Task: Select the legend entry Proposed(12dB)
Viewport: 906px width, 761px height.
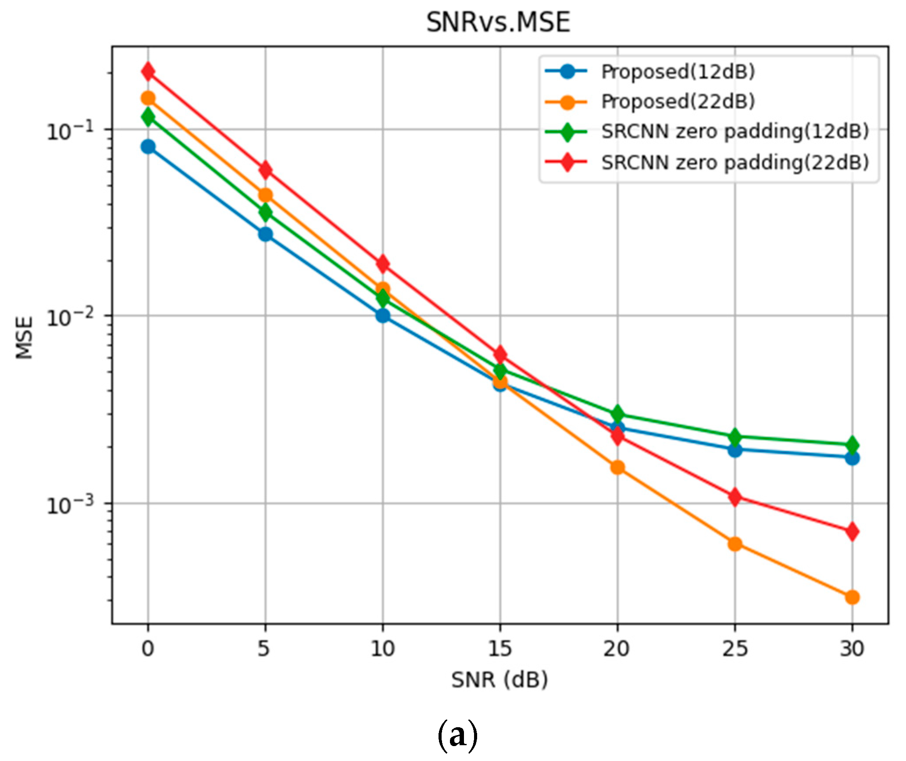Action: click(678, 71)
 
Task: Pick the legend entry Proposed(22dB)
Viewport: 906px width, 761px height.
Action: click(678, 102)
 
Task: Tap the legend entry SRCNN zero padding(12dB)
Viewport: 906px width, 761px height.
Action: click(735, 132)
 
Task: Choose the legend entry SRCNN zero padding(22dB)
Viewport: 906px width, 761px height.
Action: click(735, 163)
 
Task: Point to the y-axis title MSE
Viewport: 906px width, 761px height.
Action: click(25, 338)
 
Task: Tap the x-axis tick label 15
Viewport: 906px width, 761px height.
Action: click(499, 649)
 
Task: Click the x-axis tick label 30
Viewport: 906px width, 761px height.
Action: click(852, 649)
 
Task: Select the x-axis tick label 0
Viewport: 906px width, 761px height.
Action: click(148, 649)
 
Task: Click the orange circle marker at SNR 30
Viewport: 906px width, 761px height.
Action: click(852, 597)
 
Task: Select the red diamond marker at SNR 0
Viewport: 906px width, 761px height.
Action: click(148, 71)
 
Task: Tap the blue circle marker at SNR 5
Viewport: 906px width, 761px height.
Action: click(265, 234)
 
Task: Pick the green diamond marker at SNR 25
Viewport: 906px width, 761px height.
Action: click(735, 437)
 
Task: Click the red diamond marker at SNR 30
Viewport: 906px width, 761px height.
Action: click(852, 532)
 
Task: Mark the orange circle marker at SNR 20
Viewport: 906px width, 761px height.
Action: click(617, 467)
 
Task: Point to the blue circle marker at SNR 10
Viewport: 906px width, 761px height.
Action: click(383, 315)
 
